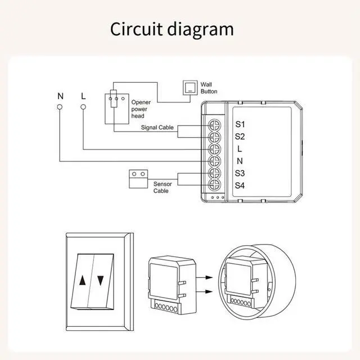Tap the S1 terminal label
click(x=240, y=124)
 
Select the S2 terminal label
click(x=240, y=137)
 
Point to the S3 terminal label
click(x=240, y=173)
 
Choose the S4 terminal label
click(x=240, y=185)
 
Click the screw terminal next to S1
click(x=214, y=124)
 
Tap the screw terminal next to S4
click(x=214, y=184)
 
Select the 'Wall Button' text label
click(x=209, y=88)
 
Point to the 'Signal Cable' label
click(x=157, y=128)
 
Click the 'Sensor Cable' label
click(x=161, y=187)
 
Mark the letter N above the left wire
click(x=60, y=96)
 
